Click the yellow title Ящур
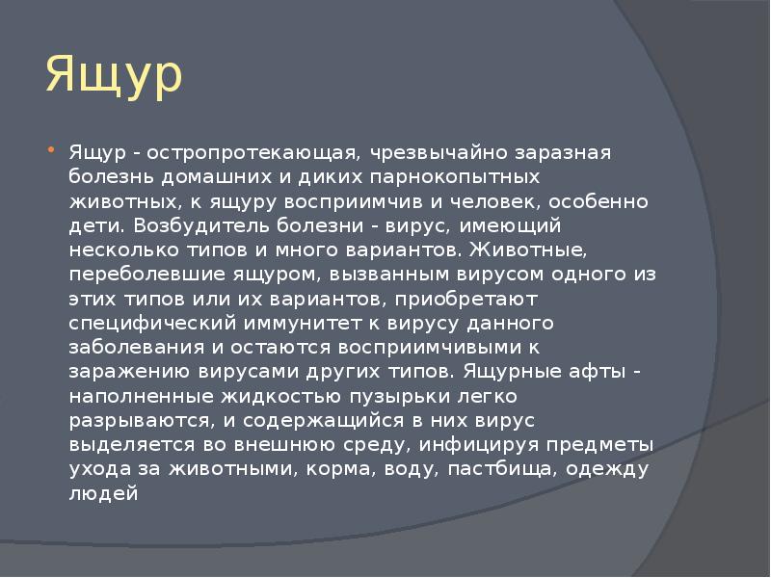click(x=114, y=76)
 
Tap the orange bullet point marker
click(x=51, y=148)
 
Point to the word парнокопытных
click(x=455, y=177)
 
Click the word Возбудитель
click(x=200, y=225)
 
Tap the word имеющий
click(x=510, y=225)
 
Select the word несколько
click(x=124, y=250)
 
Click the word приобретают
click(x=466, y=300)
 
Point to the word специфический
click(x=152, y=324)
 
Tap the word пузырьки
click(x=400, y=396)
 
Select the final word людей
click(x=103, y=493)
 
